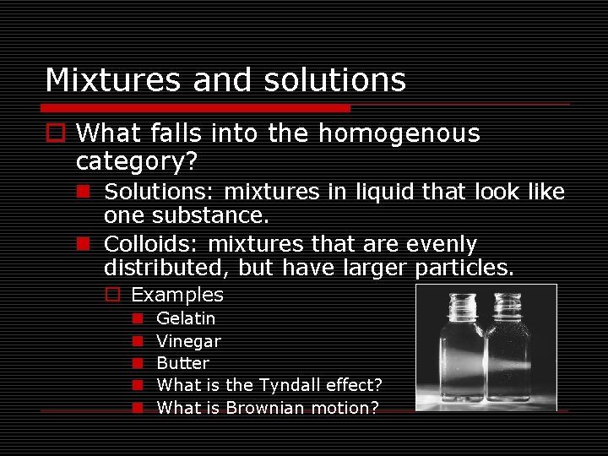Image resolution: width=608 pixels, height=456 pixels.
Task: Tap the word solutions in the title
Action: (334, 80)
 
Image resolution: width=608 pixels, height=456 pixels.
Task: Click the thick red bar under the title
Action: (195, 108)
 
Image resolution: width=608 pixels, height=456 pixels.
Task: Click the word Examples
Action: (177, 295)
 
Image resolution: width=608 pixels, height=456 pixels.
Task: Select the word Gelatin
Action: (186, 318)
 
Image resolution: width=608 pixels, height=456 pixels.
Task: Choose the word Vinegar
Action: (189, 341)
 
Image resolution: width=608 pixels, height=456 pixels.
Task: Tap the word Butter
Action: (183, 363)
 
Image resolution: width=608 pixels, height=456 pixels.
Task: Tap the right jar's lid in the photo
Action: (508, 302)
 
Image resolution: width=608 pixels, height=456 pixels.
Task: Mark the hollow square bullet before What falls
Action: (57, 133)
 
